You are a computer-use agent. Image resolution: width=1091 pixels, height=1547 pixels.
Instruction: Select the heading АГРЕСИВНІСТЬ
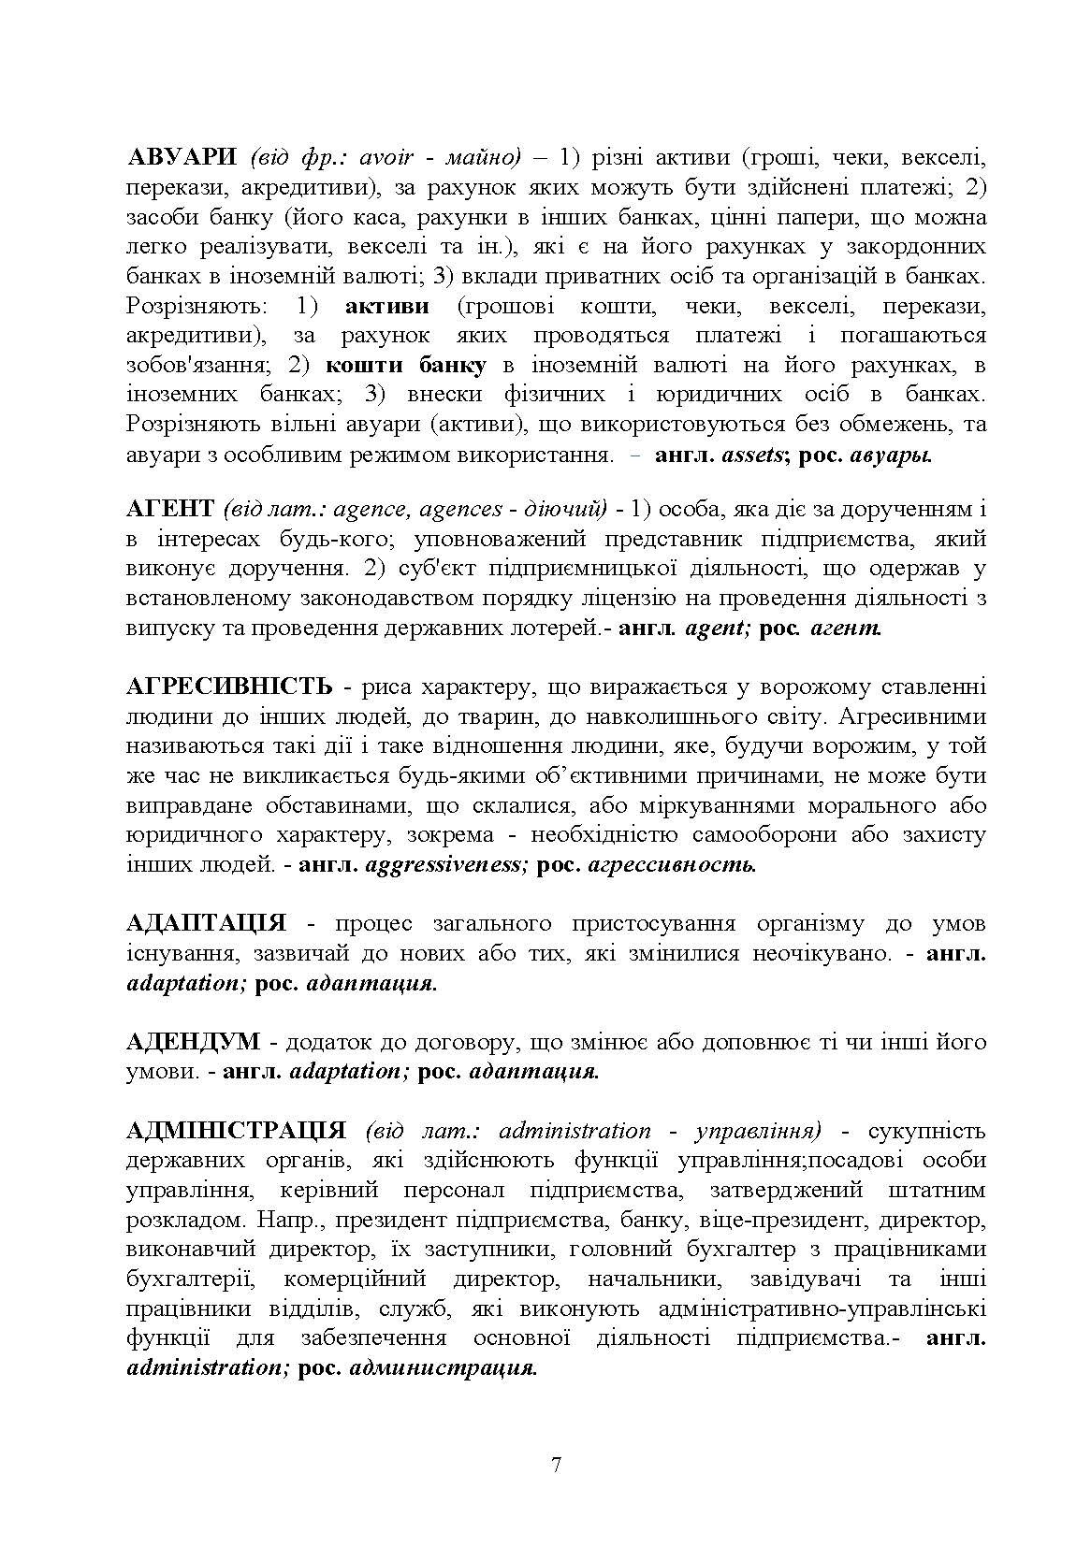click(229, 687)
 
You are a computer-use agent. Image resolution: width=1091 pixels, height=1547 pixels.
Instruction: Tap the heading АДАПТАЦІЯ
click(206, 924)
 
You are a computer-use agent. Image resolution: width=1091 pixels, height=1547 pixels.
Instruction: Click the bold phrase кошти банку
click(406, 364)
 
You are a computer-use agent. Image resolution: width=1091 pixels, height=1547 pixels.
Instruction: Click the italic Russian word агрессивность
click(672, 865)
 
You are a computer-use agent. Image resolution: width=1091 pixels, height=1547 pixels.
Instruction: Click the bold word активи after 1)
click(386, 305)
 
